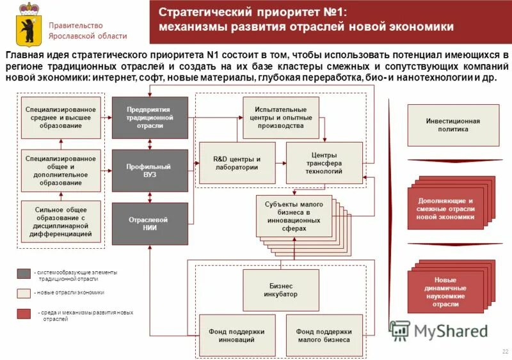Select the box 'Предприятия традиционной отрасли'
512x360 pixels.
coord(150,118)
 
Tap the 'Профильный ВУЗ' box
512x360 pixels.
coord(150,170)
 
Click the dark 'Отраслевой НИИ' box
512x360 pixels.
coord(150,224)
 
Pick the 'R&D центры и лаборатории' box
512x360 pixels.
coord(237,163)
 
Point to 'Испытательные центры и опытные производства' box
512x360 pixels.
coord(282,118)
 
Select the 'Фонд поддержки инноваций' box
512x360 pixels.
coord(237,336)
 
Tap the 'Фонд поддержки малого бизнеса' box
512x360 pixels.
coord(324,336)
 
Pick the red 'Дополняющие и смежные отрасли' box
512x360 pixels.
coord(445,209)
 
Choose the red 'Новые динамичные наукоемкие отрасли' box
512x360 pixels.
coord(445,292)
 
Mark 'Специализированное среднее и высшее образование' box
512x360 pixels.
coord(61,118)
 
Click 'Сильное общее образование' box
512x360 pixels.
coord(61,223)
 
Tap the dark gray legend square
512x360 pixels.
coord(24,274)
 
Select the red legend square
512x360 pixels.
coord(24,313)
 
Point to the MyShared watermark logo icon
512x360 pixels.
coord(400,330)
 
